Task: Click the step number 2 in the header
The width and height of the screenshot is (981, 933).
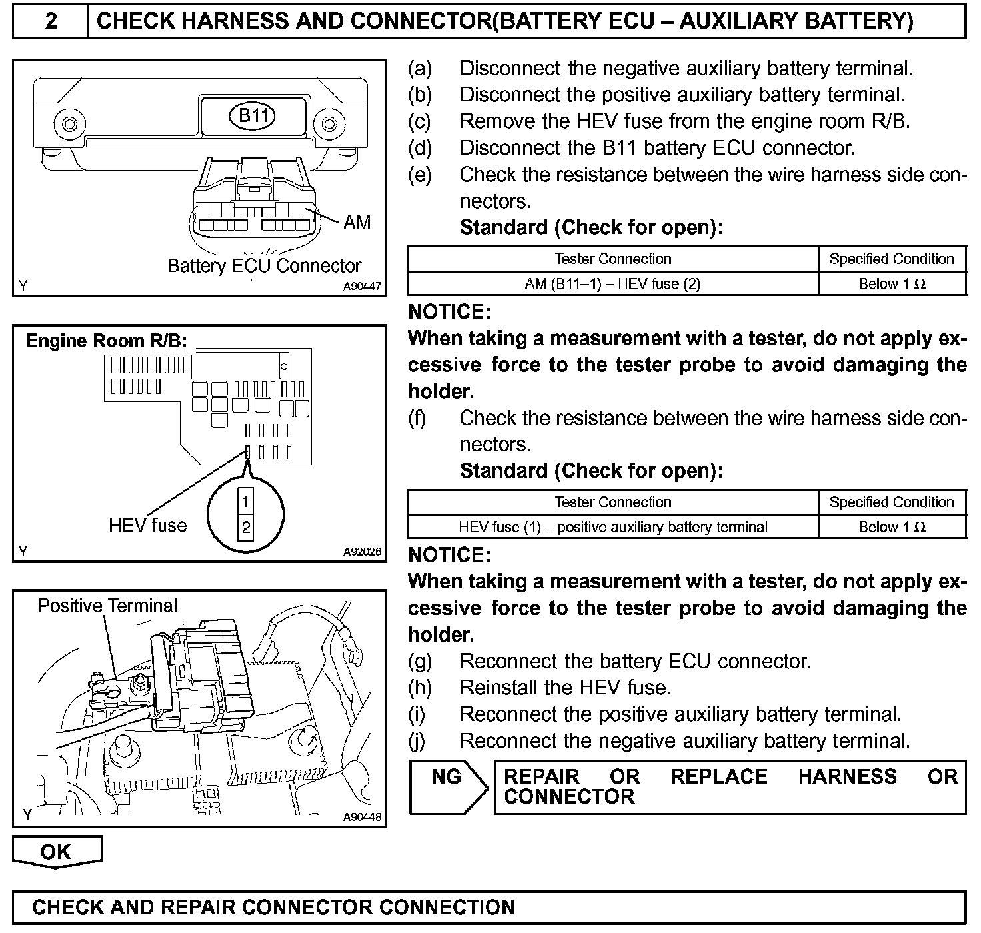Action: tap(51, 21)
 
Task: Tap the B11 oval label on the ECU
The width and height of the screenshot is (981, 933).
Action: tap(253, 116)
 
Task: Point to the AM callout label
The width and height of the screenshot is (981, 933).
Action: tap(357, 223)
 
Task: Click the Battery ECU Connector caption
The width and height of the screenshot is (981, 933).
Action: tap(264, 266)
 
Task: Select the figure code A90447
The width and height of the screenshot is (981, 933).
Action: tap(362, 287)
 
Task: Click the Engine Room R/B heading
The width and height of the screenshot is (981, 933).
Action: tap(106, 341)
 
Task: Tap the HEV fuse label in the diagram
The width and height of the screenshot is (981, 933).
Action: tap(147, 525)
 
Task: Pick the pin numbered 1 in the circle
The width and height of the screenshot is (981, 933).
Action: tap(246, 501)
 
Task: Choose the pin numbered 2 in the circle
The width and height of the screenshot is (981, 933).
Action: tap(246, 528)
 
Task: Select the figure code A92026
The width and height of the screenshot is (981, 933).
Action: tap(362, 552)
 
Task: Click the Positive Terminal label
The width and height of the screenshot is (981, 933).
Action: tap(107, 606)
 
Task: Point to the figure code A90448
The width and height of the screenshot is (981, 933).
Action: tap(362, 817)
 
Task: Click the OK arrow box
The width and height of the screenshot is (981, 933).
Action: tap(57, 852)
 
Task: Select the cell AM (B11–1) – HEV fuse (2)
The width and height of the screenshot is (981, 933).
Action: tap(612, 284)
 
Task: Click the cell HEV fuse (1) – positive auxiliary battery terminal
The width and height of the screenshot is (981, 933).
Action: tap(612, 527)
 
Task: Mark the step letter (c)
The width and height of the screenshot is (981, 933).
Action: tap(420, 121)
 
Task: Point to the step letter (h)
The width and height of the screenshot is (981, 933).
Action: tap(420, 688)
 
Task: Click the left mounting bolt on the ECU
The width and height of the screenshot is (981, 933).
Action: tap(68, 123)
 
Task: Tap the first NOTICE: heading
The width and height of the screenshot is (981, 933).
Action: tap(449, 312)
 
